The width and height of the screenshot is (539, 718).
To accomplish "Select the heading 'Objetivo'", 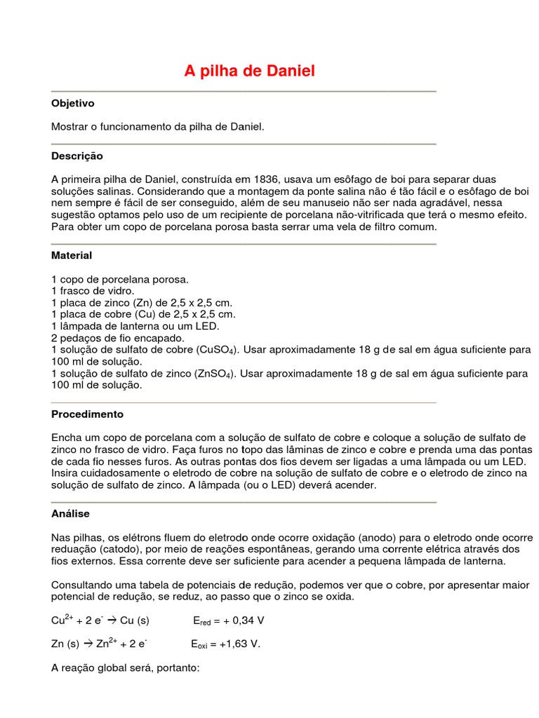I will point(73,103).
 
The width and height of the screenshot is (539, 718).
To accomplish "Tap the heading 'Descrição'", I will point(77,156).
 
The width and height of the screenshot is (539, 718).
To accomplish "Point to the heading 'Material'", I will point(72,255).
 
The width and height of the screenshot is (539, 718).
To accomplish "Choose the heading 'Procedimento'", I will point(88,414).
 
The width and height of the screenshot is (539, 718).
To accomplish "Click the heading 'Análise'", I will point(71,513).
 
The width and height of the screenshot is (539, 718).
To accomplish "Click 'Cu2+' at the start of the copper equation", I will point(62,620).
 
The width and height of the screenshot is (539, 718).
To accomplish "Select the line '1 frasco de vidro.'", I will point(93,290).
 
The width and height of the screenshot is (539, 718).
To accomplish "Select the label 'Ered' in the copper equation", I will point(202,621).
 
